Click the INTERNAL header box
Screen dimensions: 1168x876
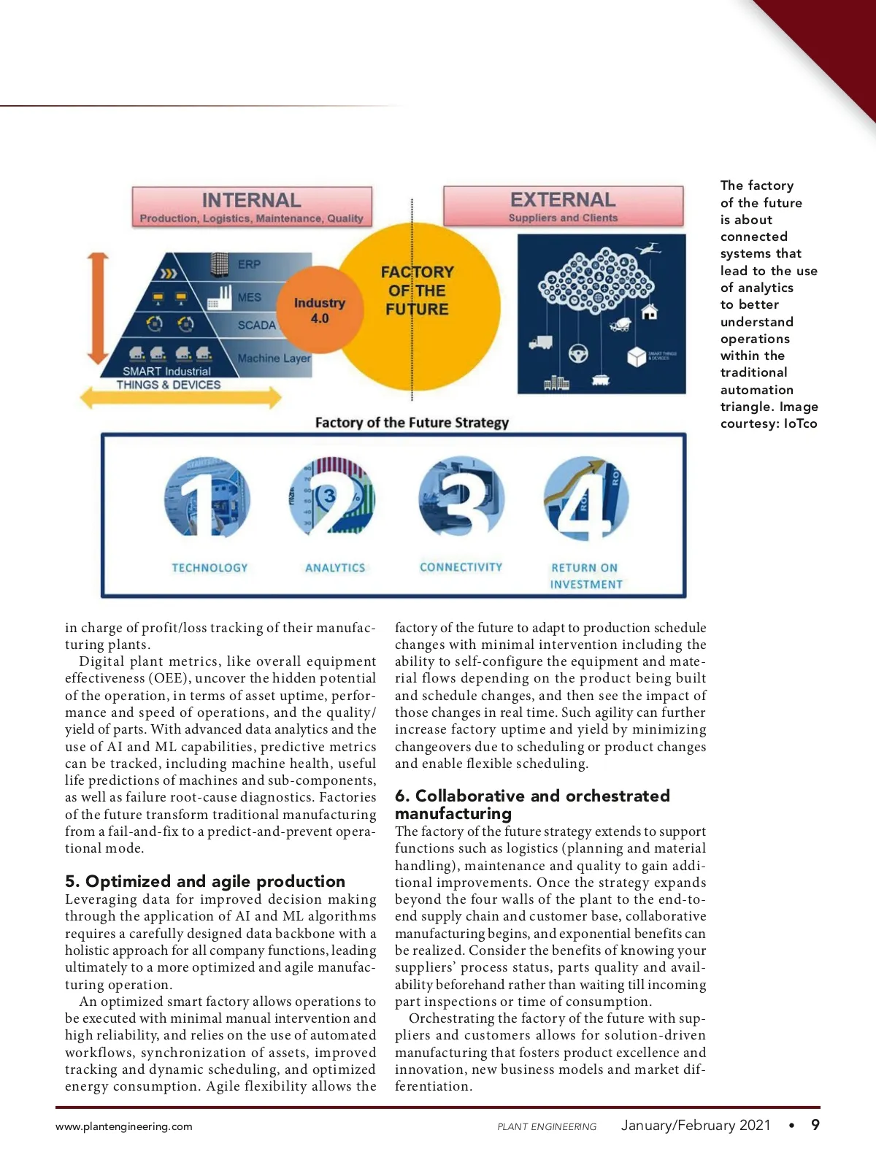252,207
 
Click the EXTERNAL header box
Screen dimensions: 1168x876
563,206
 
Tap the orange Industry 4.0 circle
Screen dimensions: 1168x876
320,310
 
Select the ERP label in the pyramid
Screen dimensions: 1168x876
249,264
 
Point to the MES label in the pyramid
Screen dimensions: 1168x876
249,298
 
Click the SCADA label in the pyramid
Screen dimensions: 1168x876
256,325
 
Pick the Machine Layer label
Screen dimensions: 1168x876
274,358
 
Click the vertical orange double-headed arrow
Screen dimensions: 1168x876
98,308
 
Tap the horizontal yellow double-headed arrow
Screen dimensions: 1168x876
180,398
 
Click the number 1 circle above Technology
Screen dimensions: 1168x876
207,498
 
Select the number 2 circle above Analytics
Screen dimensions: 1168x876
333,498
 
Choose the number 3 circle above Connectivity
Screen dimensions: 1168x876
461,498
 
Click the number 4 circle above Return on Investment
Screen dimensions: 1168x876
585,498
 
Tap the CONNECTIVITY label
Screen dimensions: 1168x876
461,567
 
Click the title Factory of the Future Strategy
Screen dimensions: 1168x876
412,423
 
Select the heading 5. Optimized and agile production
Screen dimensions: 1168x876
205,881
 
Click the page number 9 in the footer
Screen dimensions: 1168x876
815,1125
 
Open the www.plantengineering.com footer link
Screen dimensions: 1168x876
124,1126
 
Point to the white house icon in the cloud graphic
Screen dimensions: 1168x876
649,312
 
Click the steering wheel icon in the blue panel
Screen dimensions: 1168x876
578,353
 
